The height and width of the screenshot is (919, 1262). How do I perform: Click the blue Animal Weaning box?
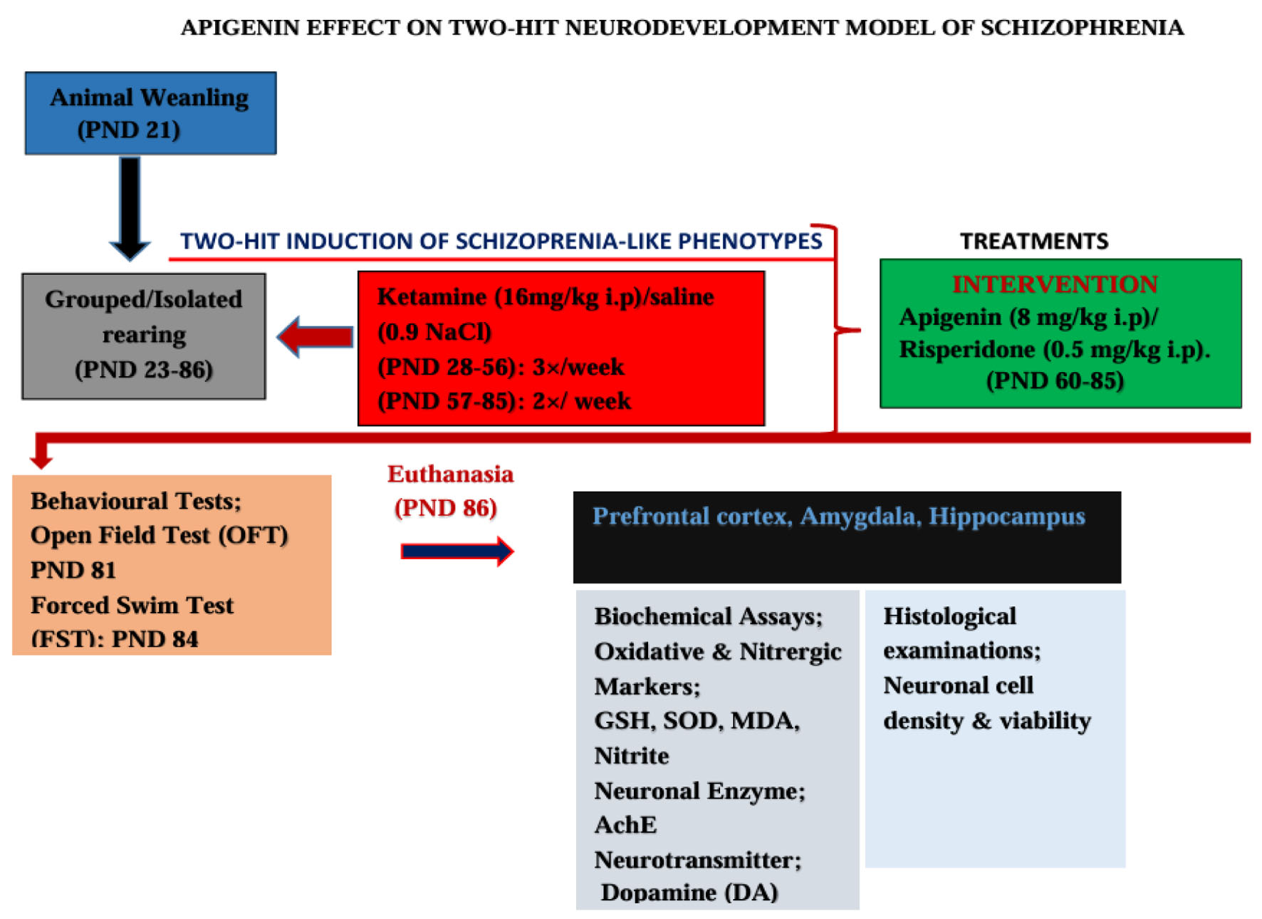pos(150,113)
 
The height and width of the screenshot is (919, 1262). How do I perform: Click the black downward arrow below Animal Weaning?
pos(130,209)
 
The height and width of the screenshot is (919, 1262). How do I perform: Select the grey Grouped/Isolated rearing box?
pos(144,336)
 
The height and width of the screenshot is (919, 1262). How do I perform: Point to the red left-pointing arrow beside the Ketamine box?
pos(314,336)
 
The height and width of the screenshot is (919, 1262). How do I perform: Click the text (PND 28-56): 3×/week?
pos(501,367)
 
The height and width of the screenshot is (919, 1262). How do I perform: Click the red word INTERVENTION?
pos(1055,284)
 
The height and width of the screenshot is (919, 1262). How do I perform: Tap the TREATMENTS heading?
pos(1034,241)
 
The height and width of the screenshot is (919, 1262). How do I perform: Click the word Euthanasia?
pos(450,474)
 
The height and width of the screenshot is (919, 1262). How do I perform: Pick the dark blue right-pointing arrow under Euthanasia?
pos(457,551)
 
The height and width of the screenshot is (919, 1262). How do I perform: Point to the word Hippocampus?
pos(1007,516)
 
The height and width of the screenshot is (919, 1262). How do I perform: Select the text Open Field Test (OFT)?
pos(159,535)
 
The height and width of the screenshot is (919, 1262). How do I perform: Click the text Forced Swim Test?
pos(132,605)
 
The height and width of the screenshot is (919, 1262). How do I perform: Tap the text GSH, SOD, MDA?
pos(697,720)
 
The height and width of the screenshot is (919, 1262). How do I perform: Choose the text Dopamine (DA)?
pos(689,892)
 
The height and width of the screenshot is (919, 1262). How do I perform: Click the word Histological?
pos(949,616)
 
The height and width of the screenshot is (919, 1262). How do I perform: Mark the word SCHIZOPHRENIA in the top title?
pos(1082,27)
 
